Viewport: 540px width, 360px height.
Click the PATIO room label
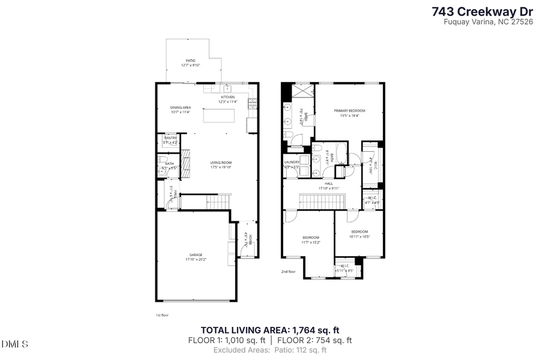pyautogui.click(x=190, y=61)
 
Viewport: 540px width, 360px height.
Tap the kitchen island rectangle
pyautogui.click(x=220, y=115)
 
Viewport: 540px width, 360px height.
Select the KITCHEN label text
pyautogui.click(x=228, y=97)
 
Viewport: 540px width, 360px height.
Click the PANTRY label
pyautogui.click(x=170, y=138)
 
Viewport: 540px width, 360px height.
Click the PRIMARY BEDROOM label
pyautogui.click(x=349, y=111)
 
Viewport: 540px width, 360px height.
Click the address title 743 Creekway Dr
pyautogui.click(x=482, y=11)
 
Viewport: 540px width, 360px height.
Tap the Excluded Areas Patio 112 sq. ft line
pyautogui.click(x=270, y=350)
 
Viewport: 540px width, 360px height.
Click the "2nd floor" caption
pyautogui.click(x=289, y=272)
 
